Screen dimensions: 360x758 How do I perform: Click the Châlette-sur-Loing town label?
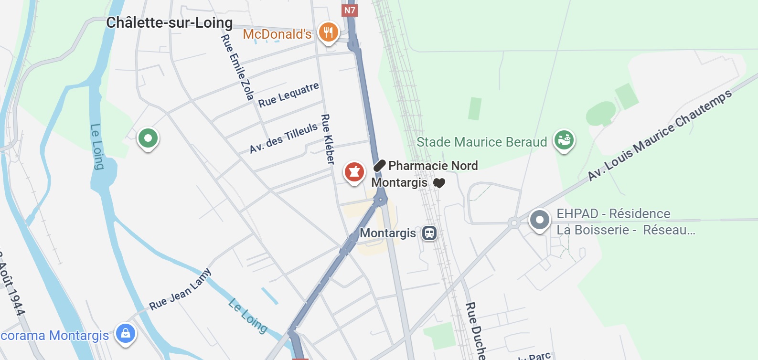(x=169, y=23)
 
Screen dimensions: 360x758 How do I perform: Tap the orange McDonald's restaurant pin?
(x=328, y=32)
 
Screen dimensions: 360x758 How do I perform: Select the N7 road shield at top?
(x=350, y=10)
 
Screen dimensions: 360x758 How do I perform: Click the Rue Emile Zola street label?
(x=237, y=67)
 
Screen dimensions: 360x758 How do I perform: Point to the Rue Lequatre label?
(x=288, y=95)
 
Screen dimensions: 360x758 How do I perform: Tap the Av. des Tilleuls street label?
(x=284, y=138)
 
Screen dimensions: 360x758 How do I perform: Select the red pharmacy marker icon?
(x=354, y=171)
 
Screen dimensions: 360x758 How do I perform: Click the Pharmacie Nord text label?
(x=433, y=166)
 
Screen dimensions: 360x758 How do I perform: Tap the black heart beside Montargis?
(x=439, y=183)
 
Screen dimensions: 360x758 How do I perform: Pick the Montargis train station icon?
(x=429, y=233)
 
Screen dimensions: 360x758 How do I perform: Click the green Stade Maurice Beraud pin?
(x=564, y=140)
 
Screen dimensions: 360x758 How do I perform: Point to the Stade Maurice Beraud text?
(x=481, y=142)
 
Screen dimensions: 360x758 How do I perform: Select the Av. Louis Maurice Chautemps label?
(x=659, y=135)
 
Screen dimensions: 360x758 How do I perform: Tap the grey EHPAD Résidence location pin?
(x=540, y=220)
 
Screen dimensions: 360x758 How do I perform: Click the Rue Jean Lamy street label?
(x=180, y=290)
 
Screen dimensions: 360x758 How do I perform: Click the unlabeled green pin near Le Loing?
(x=148, y=138)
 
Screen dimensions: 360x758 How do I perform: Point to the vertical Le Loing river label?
(x=97, y=147)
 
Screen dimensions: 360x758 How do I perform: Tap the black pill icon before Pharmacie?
(x=379, y=166)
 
